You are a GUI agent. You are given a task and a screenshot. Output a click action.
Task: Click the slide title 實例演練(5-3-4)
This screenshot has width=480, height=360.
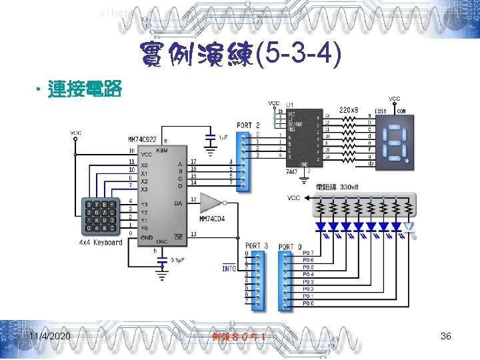[x=240, y=57]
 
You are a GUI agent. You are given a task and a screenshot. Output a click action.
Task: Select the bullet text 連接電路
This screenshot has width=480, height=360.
[x=84, y=90]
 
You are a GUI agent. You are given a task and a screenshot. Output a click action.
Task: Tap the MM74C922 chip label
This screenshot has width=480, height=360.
[x=143, y=140]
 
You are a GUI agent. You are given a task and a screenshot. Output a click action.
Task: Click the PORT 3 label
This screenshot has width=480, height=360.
[x=257, y=247]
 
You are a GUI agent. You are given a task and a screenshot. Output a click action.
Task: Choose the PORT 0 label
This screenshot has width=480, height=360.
[x=290, y=247]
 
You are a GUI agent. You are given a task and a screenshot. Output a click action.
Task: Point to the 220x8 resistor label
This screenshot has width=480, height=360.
[x=349, y=109]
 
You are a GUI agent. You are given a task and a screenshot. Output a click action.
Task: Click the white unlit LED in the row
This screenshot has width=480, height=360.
[x=409, y=227]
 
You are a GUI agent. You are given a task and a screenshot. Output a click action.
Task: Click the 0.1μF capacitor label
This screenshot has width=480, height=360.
[x=179, y=259]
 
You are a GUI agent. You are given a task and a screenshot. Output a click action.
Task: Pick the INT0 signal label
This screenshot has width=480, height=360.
[x=229, y=268]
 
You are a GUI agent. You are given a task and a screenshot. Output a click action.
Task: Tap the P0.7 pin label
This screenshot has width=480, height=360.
[x=308, y=253]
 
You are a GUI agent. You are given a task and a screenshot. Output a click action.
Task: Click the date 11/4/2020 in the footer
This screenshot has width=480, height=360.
[x=50, y=336]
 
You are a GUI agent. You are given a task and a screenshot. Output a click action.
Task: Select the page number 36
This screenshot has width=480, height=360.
[x=446, y=336]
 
